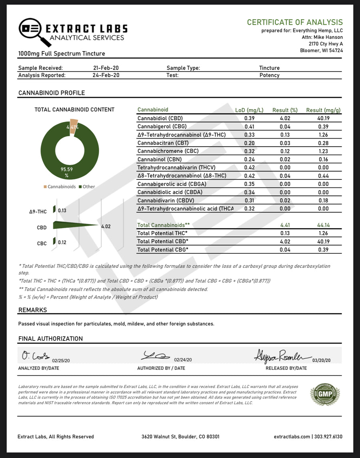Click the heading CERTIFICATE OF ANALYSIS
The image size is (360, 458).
[x=294, y=22]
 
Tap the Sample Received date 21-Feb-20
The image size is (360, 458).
[x=106, y=68]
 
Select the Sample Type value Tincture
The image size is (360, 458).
[x=269, y=68]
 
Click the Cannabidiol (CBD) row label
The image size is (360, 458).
[x=160, y=118]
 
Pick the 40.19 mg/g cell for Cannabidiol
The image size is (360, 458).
[x=323, y=118]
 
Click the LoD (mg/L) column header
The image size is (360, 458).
[x=249, y=110]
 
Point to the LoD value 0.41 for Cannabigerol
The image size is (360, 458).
[x=249, y=126]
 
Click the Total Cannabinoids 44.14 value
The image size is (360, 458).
[x=323, y=225]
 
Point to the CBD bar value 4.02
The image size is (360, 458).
[x=106, y=227]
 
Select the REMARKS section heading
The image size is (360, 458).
[x=32, y=310]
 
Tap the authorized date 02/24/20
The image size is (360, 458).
[x=184, y=360]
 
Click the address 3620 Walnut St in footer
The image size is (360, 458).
[x=180, y=437]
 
